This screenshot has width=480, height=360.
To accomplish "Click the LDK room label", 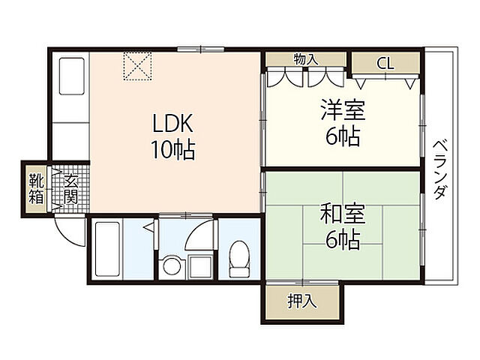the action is [173, 123].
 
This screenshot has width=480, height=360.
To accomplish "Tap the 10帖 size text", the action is [173, 150].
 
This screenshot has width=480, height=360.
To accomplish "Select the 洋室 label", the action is [343, 109].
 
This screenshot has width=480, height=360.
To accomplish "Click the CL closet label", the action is [385, 64].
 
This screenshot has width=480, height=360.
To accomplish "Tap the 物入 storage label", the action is [306, 59].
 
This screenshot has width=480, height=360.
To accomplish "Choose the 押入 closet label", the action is [301, 301].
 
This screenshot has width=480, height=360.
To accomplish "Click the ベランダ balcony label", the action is [440, 169].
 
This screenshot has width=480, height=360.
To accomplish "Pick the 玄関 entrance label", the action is [71, 190].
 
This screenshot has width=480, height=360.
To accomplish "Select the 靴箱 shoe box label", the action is [37, 190].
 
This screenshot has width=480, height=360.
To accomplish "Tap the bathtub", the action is [107, 249].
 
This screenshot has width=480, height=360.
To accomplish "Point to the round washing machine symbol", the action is [172, 265].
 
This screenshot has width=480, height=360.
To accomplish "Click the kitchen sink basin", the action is [72, 76].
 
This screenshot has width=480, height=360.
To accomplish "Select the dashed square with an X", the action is [138, 66].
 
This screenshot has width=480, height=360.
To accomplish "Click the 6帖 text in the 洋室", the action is [343, 136].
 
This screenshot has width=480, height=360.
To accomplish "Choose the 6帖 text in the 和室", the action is [343, 240].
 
